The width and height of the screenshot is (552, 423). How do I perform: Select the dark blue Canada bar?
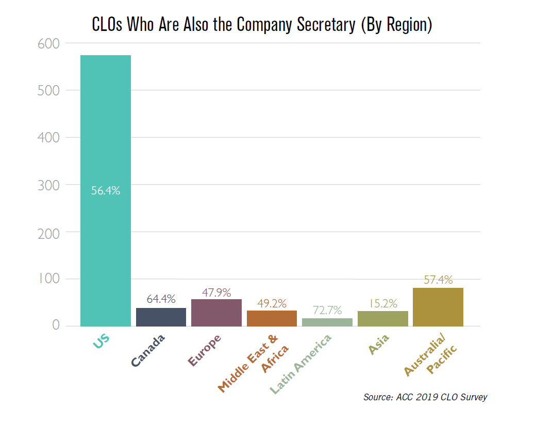point(161,317)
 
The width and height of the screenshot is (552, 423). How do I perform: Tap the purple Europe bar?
point(216,313)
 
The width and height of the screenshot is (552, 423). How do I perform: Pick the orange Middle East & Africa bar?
point(272,318)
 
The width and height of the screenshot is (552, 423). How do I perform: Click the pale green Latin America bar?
point(327,322)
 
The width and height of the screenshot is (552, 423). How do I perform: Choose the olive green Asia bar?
point(382,318)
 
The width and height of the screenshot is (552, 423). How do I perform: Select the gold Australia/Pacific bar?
point(438,307)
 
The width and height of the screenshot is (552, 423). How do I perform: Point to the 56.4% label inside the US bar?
point(105,191)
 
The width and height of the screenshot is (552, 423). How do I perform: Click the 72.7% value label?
point(327,311)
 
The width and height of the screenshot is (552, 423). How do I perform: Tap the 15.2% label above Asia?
point(382,303)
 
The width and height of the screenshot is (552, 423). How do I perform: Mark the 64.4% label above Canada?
point(161,299)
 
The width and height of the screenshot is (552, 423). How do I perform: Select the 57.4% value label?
point(438,280)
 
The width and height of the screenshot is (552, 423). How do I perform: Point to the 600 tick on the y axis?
point(49,44)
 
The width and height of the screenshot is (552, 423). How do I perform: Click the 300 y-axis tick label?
point(49,185)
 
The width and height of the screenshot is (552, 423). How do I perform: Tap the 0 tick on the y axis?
point(55,326)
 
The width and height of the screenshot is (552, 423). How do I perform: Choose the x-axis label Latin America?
point(302,364)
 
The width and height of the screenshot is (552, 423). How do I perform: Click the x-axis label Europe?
point(205,350)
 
